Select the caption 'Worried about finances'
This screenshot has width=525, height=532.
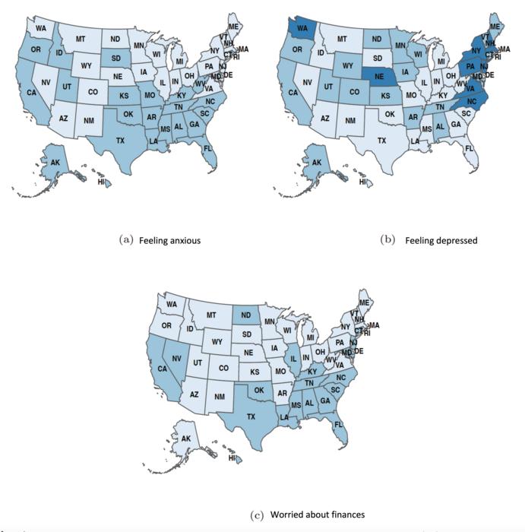(x=320, y=515)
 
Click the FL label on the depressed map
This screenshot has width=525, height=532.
(x=469, y=147)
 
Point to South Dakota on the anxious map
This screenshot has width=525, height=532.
(x=116, y=58)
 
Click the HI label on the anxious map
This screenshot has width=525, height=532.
(x=101, y=181)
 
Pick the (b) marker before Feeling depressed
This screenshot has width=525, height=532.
(x=387, y=241)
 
